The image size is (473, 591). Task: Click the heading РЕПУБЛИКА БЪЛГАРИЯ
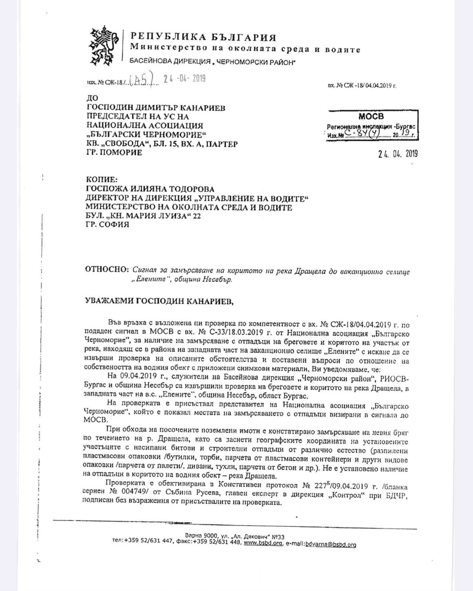click(x=203, y=37)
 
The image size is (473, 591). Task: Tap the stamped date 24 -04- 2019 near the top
click(x=185, y=79)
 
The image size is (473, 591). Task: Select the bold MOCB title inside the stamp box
click(x=371, y=116)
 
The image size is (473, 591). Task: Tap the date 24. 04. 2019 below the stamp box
click(x=398, y=154)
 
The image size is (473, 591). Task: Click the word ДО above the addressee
click(x=92, y=98)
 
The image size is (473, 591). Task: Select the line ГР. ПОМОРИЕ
click(x=114, y=153)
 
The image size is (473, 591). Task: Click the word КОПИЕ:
click(x=102, y=180)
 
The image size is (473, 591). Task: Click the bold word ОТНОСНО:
click(x=106, y=270)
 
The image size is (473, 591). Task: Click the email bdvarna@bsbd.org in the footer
click(x=331, y=545)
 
